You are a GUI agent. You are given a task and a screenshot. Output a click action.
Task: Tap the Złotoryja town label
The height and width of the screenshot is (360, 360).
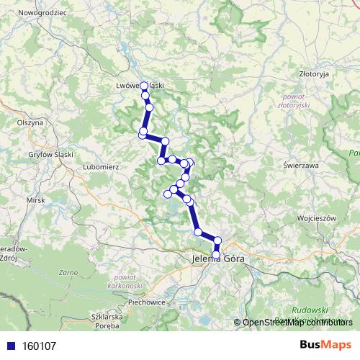tap(314, 73)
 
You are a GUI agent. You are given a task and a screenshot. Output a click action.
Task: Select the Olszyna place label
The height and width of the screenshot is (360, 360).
tap(30, 123)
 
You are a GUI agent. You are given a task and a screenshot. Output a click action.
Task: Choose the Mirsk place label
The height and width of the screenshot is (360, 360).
tap(35, 199)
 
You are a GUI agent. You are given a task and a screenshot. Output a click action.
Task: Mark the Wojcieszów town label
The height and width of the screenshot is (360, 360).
tap(315, 216)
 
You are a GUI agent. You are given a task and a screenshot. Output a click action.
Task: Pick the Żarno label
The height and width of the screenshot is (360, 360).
tap(68, 274)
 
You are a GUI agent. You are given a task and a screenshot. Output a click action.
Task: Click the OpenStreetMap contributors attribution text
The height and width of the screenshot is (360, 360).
tap(297, 323)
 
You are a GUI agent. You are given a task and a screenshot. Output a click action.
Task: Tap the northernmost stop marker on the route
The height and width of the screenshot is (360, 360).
tap(144, 86)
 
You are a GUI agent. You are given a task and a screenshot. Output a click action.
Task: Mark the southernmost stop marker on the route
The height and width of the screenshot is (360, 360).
tap(216, 254)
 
